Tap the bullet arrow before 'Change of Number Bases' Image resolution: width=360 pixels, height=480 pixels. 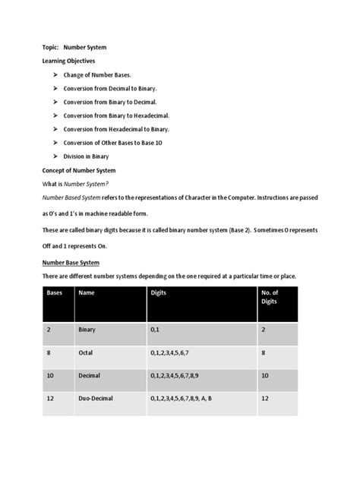coord(57,76)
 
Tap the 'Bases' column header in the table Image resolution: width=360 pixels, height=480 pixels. coord(55,292)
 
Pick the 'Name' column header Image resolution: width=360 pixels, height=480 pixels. coord(87,292)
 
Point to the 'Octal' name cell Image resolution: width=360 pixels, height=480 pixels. coord(86,353)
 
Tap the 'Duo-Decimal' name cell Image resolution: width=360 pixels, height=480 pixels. coord(97,397)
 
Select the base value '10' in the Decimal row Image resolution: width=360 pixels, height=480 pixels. coord(52,375)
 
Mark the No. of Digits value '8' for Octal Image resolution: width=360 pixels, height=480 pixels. coord(264,353)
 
